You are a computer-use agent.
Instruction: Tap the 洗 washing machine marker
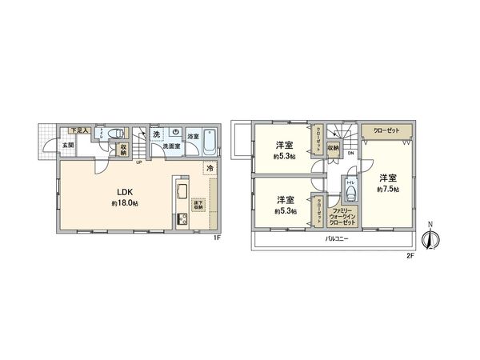[157, 134]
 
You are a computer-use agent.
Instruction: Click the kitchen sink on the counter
[180, 191]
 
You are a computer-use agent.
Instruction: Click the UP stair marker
[139, 162]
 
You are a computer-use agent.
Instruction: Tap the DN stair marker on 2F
[349, 155]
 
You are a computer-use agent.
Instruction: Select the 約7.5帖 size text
[390, 189]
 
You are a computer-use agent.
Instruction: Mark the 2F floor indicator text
[410, 256]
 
